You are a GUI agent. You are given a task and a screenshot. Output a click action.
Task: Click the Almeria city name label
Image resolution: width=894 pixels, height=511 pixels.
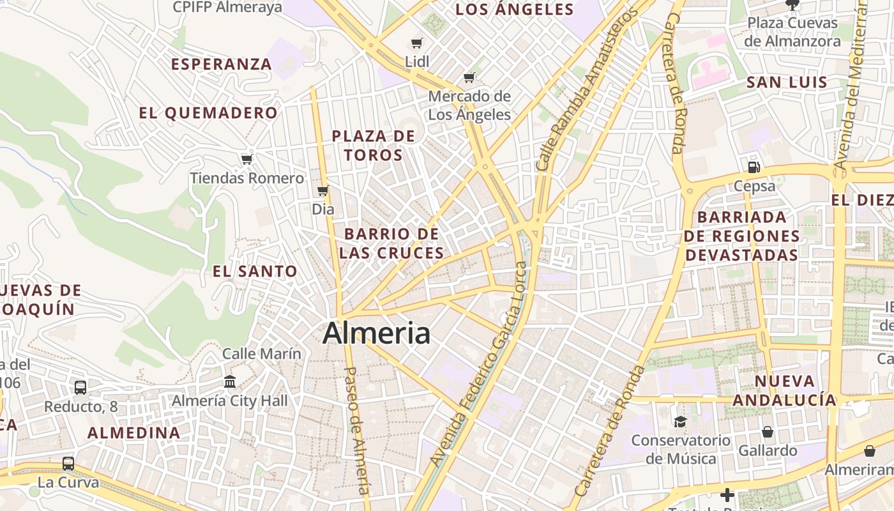[376, 333]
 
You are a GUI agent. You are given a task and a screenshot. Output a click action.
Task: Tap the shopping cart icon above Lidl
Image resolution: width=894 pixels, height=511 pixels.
[417, 43]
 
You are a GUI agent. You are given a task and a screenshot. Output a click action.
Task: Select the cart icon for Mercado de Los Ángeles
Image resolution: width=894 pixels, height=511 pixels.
[469, 78]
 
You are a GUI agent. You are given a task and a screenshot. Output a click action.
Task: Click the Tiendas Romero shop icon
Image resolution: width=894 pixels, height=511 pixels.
[246, 159]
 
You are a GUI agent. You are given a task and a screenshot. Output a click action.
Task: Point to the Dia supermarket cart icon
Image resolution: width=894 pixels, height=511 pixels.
[323, 190]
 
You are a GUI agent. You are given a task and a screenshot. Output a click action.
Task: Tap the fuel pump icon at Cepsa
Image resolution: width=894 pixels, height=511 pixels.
[754, 167]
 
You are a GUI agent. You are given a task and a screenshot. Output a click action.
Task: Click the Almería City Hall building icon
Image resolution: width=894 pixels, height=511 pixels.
[230, 382]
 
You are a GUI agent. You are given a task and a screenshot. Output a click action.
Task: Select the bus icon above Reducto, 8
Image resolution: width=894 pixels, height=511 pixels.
[80, 387]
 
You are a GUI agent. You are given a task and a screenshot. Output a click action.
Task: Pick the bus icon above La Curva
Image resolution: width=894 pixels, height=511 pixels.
[68, 463]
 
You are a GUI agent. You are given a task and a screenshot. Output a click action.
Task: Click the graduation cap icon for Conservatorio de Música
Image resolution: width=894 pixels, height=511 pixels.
[680, 422]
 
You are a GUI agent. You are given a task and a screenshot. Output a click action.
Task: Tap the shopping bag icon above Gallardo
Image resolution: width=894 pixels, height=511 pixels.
[768, 432]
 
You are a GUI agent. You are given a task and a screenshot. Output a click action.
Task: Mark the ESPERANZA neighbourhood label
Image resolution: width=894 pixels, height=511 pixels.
[222, 65]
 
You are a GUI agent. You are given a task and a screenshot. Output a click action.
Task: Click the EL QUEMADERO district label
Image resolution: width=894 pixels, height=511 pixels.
[208, 114]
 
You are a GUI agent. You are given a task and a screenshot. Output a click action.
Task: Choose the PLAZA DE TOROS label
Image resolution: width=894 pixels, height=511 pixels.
[374, 146]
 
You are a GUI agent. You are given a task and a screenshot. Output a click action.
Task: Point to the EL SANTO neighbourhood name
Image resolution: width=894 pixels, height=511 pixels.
[255, 271]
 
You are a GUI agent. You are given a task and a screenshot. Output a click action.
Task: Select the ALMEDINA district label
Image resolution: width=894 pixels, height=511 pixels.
[134, 433]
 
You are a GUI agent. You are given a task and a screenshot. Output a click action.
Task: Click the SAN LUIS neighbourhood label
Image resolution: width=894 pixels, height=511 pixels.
[787, 82]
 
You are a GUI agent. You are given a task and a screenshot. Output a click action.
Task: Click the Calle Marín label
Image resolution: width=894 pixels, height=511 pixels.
[261, 353]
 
